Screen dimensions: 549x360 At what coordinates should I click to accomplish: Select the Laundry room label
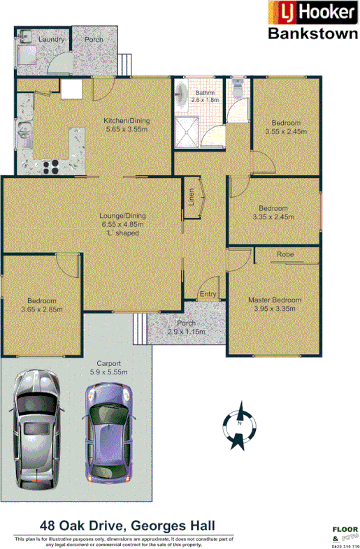tap(52, 40)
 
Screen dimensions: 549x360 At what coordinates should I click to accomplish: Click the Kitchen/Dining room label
tap(127, 120)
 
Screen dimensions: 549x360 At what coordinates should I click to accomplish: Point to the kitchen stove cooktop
tap(50, 166)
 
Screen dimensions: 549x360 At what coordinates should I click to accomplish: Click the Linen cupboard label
tap(191, 198)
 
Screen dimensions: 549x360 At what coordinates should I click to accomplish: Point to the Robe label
tap(285, 254)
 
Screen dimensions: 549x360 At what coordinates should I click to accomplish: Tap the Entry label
tap(208, 294)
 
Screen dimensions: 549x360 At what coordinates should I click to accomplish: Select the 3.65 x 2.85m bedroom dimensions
tap(42, 309)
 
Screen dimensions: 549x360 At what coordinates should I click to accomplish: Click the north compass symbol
tap(240, 424)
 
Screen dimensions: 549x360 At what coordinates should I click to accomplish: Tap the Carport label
tap(109, 364)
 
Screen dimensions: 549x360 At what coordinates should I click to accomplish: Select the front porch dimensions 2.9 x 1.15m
tap(187, 332)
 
